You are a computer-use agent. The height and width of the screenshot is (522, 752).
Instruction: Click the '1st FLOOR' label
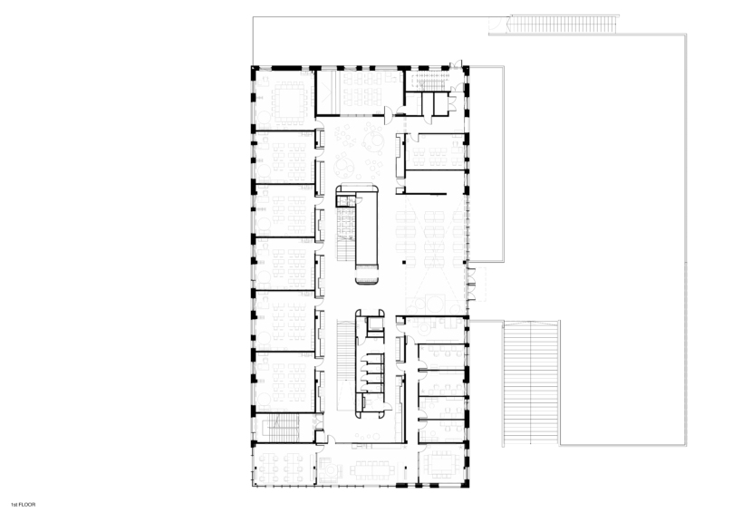coord(24,505)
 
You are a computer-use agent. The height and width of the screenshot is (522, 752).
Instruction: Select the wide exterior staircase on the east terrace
coord(531,382)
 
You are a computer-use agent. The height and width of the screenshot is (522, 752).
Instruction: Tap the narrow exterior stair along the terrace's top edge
coord(564,24)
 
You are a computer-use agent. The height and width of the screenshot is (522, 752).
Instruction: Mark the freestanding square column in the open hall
coord(404,263)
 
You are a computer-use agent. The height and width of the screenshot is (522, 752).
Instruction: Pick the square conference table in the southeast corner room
coord(443,463)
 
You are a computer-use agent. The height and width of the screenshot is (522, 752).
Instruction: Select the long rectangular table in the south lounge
coord(372,469)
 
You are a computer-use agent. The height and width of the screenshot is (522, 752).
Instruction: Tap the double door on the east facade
coord(472,284)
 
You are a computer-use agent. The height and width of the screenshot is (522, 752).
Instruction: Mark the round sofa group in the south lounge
coord(330,469)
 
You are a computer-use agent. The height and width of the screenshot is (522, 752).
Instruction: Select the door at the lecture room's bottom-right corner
coord(389,113)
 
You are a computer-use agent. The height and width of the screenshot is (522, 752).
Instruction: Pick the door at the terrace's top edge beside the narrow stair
coord(495,24)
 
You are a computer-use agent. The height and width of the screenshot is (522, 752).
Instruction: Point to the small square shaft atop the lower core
coord(374,325)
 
